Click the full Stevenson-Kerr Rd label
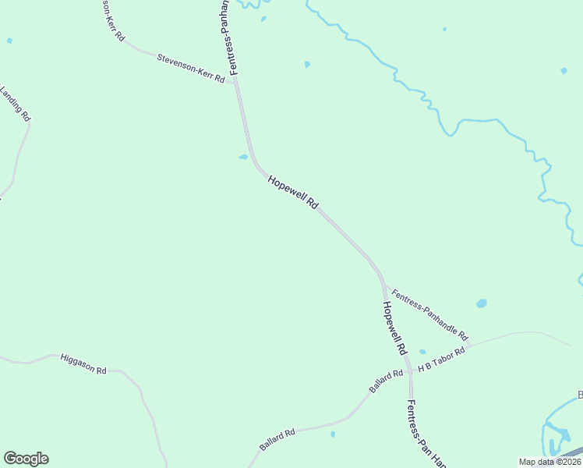(x=191, y=69)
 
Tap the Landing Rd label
(x=16, y=104)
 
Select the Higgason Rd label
(x=83, y=364)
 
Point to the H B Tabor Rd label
(x=441, y=360)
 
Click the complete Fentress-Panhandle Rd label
(x=429, y=315)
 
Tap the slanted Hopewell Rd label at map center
(x=293, y=192)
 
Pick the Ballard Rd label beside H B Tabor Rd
(x=387, y=381)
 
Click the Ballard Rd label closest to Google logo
(x=277, y=440)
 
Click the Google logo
(x=26, y=459)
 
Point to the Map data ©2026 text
(x=550, y=462)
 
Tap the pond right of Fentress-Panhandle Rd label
(x=481, y=303)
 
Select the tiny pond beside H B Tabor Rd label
(x=422, y=352)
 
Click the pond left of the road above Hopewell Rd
(x=243, y=157)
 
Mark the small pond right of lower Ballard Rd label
(x=333, y=434)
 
